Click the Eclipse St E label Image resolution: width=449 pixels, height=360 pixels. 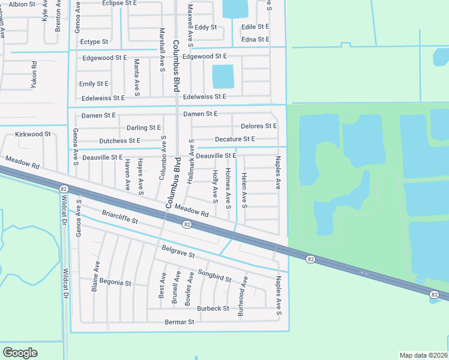pos(120,3)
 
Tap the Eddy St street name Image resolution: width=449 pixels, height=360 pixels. pos(205,27)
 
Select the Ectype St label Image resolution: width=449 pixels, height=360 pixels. pos(94,42)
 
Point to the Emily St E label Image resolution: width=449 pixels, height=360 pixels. pos(94,84)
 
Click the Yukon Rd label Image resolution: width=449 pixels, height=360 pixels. pos(35,75)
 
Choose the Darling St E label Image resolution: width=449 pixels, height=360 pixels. pos(143,128)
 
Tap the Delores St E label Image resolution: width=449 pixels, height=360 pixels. pos(259,126)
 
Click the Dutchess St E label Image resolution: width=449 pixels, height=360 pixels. pos(119,141)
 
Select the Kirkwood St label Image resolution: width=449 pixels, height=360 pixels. pos(33,134)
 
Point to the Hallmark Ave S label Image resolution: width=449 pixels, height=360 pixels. pos(191,161)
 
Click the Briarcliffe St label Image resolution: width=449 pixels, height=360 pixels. pos(120,217)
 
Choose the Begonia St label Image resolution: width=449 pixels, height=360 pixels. pos(115,283)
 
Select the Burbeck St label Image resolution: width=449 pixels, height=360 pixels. pos(213,308)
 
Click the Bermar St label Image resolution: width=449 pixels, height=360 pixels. pos(179,322)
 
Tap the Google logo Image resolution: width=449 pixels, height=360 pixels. pos(20,352)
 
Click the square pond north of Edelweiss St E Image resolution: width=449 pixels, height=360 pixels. pos(223,76)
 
